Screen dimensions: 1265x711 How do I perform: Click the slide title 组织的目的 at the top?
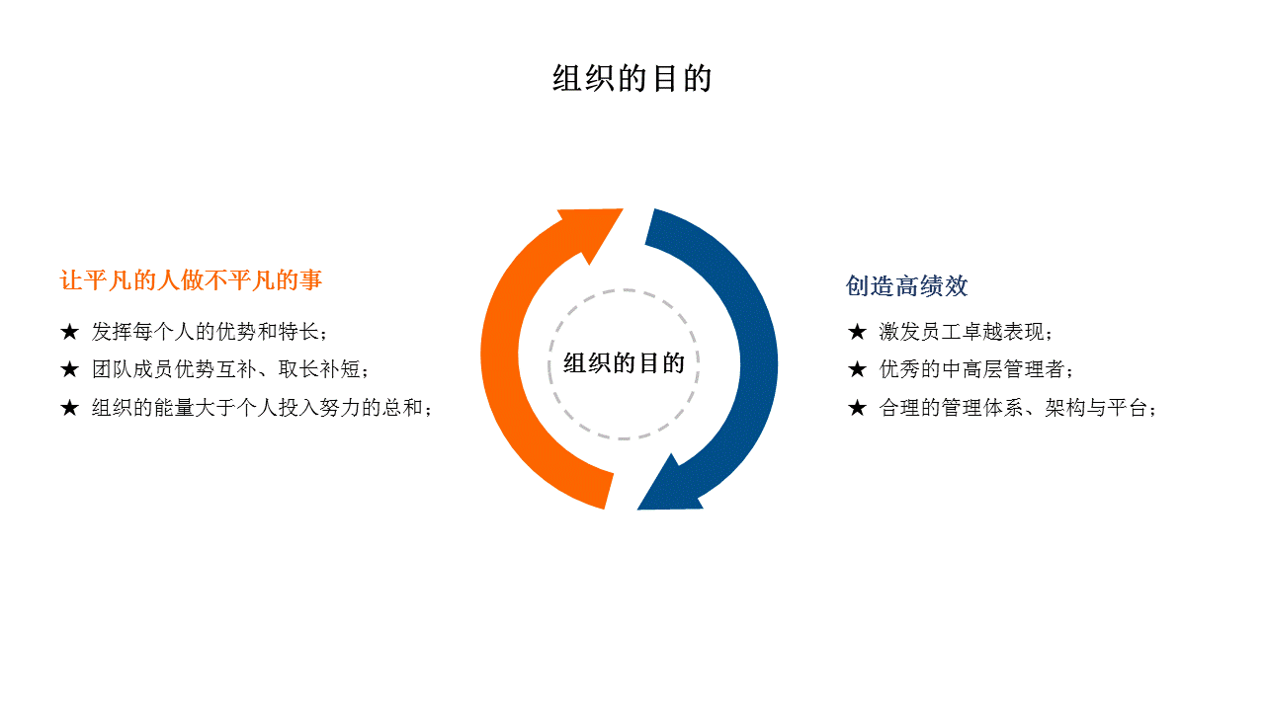click(632, 78)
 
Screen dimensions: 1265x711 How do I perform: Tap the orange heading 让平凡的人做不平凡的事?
click(191, 279)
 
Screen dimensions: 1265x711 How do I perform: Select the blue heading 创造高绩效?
click(906, 285)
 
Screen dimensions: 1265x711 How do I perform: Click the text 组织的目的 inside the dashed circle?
click(624, 362)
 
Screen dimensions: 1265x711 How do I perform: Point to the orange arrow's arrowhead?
click(593, 230)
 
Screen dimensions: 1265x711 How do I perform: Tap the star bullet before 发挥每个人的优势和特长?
click(69, 331)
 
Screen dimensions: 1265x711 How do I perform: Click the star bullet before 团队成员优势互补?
click(69, 369)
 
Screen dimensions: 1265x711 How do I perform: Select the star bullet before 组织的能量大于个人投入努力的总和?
click(69, 408)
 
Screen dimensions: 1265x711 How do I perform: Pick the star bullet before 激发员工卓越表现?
click(857, 331)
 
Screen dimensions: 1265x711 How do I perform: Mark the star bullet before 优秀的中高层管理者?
click(857, 369)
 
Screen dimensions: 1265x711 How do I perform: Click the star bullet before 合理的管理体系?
click(857, 408)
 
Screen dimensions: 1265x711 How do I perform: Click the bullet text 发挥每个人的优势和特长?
click(205, 331)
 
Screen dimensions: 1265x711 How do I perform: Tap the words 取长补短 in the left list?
click(319, 369)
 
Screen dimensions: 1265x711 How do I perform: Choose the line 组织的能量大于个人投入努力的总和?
click(258, 408)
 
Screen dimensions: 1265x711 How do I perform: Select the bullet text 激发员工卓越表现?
click(962, 331)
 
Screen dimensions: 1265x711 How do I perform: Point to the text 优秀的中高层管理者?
click(971, 369)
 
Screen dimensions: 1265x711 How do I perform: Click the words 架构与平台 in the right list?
click(1096, 408)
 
